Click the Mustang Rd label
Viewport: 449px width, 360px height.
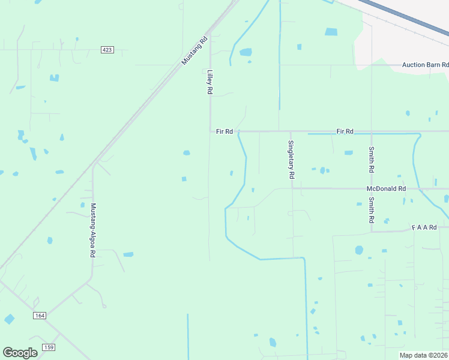194,51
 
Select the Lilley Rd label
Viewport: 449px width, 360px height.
210,82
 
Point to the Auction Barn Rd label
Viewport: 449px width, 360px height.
425,64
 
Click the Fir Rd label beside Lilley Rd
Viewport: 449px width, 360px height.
224,131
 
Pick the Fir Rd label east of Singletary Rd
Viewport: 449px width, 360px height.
345,131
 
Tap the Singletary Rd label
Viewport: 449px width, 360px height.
291,160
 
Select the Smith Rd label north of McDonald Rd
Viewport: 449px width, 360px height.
372,160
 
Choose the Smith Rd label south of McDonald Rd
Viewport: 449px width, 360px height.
372,210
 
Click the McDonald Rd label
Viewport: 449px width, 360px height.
386,188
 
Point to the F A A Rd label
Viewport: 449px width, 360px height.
430,227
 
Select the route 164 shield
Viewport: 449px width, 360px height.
40,315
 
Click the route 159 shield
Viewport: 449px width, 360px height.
49,347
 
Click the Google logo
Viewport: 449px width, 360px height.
20,353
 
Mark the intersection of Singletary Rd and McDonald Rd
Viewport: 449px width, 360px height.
292,188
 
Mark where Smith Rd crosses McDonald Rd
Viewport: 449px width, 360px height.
372,188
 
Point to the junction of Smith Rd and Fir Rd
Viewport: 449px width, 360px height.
372,131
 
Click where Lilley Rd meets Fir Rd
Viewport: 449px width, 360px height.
210,131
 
